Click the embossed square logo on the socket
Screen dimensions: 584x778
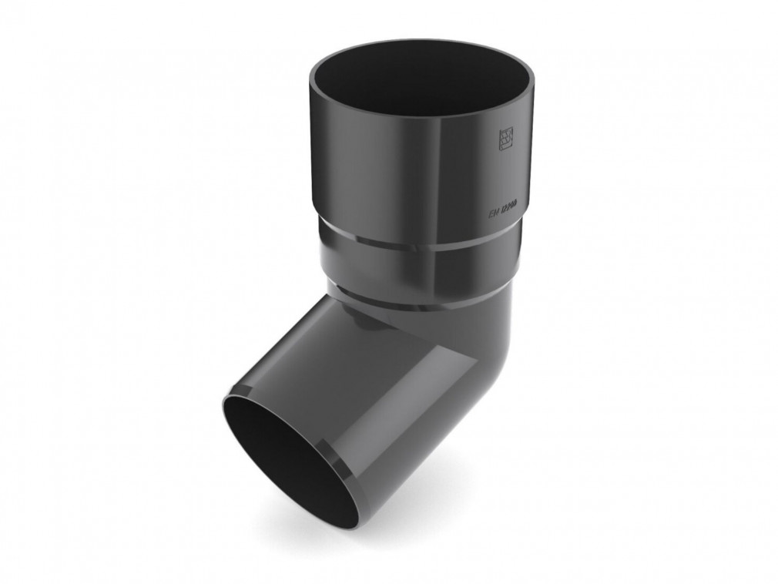point(505,139)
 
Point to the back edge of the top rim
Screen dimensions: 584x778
point(422,42)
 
